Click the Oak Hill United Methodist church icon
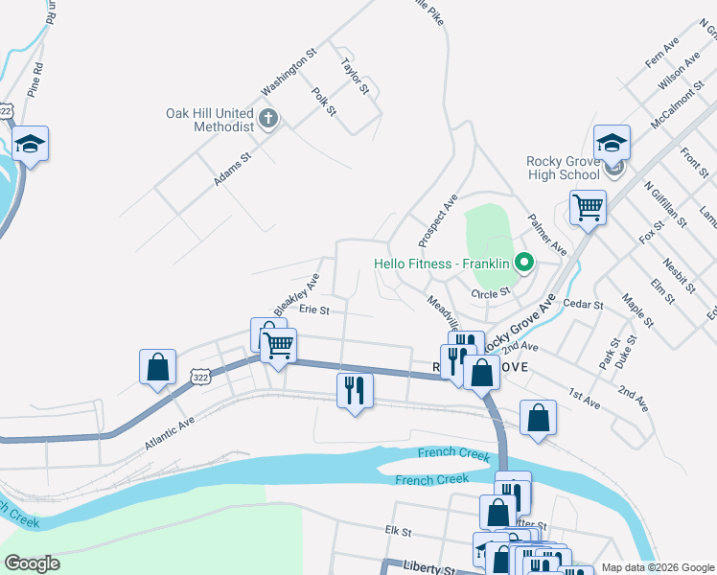coord(269,119)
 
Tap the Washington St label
coord(289,73)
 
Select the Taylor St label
coord(355,76)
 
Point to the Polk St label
coord(325,103)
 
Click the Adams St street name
coord(232,168)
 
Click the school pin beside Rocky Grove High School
coord(612,144)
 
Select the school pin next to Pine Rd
coord(31,145)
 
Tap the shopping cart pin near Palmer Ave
coord(588,206)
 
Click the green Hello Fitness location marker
coord(523,262)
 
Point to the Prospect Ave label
coord(438,219)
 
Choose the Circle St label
coord(490,293)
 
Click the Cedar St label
coord(583,305)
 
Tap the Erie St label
coord(314,310)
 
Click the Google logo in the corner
coord(33,563)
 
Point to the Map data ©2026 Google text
coord(657,567)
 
